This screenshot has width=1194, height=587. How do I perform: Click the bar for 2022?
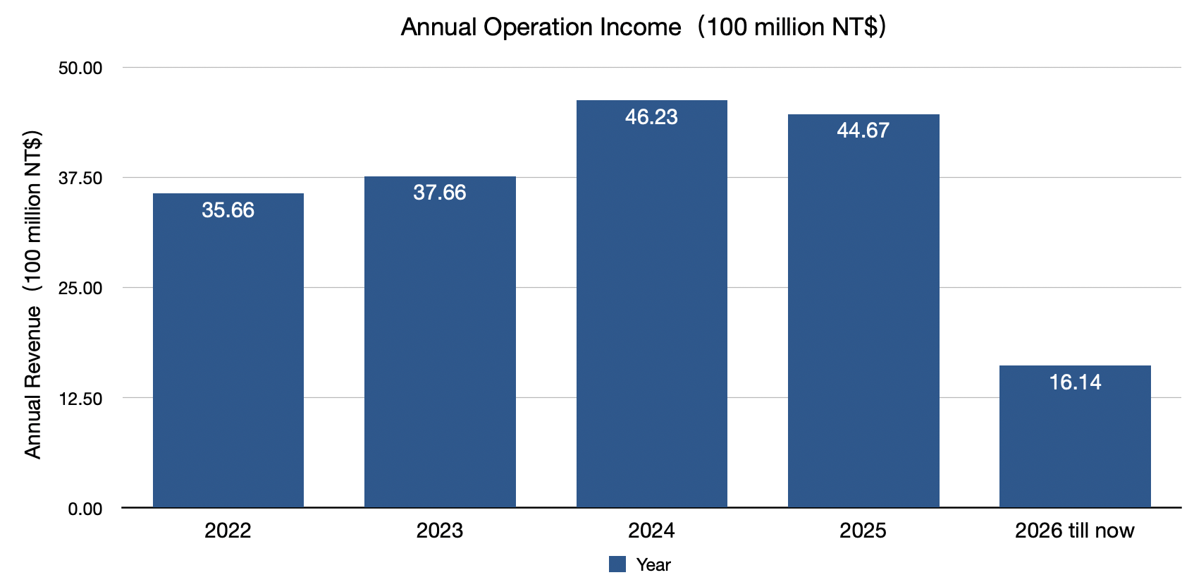pos(228,350)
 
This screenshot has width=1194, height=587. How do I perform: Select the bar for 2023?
pos(440,341)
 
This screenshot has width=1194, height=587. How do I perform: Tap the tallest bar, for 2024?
pos(651,303)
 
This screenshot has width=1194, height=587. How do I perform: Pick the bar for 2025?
pos(863,310)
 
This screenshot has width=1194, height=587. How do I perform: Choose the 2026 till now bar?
pos(1075,436)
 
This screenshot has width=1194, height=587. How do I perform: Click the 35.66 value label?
pos(228,210)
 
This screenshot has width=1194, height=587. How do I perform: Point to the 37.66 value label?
pos(440,193)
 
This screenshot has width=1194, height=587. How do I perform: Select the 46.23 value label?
pos(651,117)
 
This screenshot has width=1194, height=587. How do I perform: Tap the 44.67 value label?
pos(863,131)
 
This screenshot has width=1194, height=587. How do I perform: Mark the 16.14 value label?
pos(1075,382)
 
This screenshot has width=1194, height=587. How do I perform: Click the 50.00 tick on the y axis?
pos(80,68)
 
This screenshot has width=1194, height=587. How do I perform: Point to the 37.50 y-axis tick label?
pos(80,178)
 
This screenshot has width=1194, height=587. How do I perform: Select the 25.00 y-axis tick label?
pos(80,289)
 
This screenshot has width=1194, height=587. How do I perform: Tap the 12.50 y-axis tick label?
pos(80,399)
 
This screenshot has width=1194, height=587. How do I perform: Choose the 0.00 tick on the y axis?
pos(85,509)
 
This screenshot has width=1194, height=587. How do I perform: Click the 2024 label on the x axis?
pos(651,531)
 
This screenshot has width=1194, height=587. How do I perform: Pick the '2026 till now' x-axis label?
pos(1075,531)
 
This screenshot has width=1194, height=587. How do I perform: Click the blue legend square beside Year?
pos(617,564)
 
